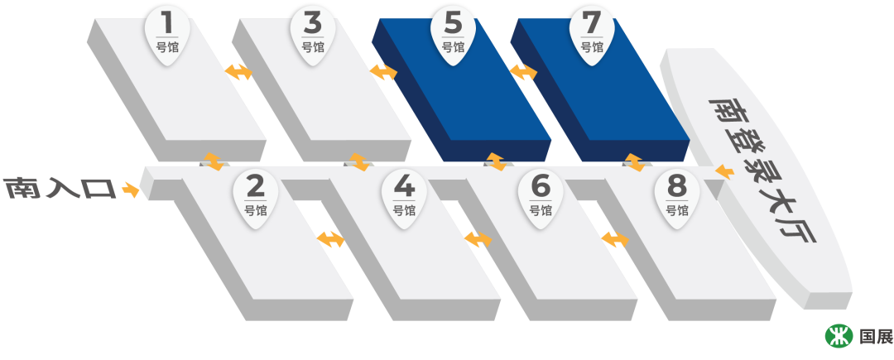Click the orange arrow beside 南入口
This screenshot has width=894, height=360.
click(x=130, y=190)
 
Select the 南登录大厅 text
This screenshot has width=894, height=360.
click(x=762, y=170)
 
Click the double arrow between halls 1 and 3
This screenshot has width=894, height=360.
click(x=239, y=72)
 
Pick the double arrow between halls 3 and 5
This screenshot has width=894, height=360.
click(x=383, y=72)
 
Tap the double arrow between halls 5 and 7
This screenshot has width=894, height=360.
click(x=523, y=72)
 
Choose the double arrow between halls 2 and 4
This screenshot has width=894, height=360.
click(x=330, y=239)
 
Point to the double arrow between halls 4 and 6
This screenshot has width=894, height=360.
click(x=478, y=239)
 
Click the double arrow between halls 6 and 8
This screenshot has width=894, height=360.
click(x=614, y=239)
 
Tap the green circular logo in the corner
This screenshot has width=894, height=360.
click(x=839, y=335)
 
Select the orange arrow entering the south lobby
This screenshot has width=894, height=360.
click(x=724, y=172)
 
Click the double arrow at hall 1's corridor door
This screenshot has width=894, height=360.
click(x=214, y=161)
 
